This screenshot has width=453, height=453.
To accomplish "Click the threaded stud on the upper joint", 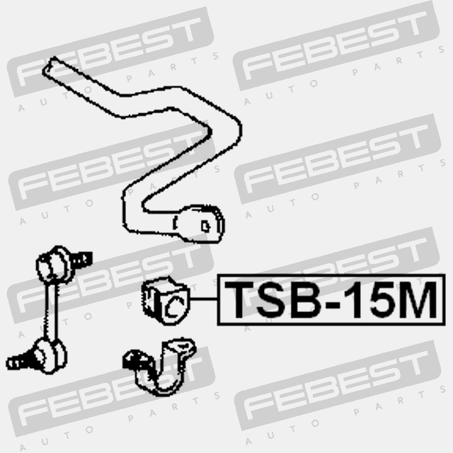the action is (x=81, y=258).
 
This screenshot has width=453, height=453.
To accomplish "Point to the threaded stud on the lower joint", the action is (x=20, y=361).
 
